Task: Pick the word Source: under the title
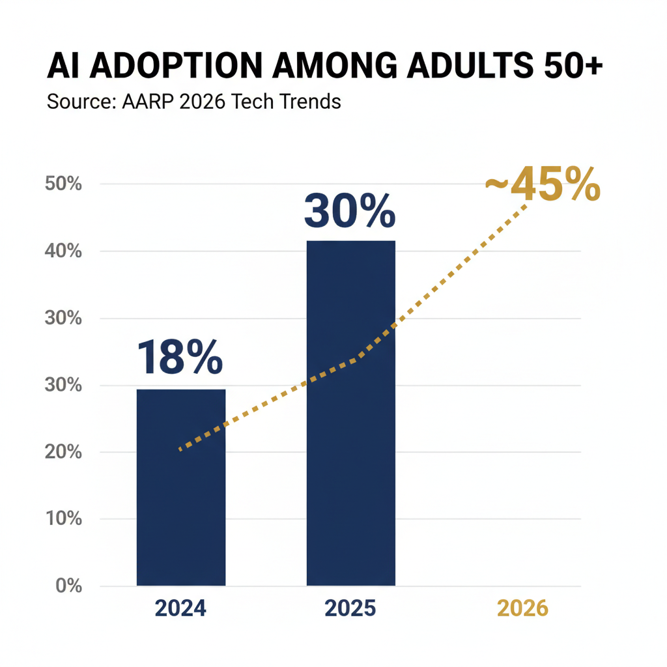(81, 102)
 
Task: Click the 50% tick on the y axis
(63, 184)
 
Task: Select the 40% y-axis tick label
(63, 251)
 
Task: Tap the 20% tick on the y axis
(63, 452)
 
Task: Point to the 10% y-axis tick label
(63, 519)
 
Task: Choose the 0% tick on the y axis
(68, 586)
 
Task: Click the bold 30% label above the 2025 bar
(350, 210)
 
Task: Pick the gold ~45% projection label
(543, 186)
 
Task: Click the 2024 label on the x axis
(180, 609)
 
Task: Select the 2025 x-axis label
(350, 609)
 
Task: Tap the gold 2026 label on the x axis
(522, 609)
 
